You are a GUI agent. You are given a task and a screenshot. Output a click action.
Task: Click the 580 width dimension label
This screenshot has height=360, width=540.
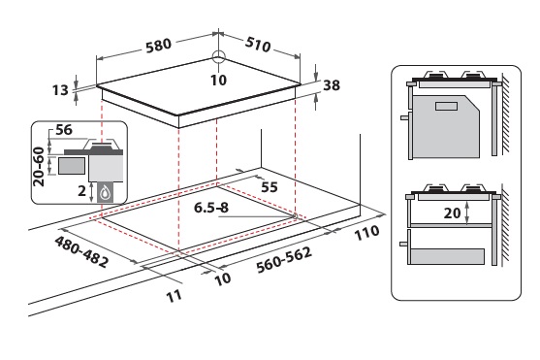click(158, 46)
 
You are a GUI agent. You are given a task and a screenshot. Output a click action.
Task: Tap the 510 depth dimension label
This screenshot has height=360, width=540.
click(258, 44)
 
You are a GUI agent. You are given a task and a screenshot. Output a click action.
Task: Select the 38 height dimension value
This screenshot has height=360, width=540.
click(332, 85)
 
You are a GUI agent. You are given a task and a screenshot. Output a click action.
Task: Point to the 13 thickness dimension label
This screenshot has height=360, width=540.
click(60, 90)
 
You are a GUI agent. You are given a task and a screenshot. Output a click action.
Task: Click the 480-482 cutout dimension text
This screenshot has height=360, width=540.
click(81, 251)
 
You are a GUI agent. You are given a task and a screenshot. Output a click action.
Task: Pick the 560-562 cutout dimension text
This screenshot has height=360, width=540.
click(284, 259)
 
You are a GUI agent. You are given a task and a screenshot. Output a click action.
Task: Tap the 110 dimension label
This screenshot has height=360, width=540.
click(366, 233)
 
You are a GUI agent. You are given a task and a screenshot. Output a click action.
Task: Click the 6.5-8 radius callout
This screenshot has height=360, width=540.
click(211, 208)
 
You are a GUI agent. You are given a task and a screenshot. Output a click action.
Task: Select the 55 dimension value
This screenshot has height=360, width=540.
click(270, 187)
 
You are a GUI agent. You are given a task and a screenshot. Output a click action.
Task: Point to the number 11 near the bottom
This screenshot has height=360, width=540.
click(174, 296)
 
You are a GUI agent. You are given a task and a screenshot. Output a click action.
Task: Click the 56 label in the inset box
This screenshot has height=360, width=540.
click(64, 130)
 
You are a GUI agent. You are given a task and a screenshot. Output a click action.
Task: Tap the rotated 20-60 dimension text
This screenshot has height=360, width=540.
click(39, 167)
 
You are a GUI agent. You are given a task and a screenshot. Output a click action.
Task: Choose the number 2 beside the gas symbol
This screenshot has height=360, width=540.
click(81, 191)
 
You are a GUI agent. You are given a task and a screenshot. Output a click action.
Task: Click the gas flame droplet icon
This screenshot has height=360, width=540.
click(105, 194)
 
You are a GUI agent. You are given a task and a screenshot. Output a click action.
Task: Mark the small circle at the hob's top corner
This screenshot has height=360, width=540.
click(219, 56)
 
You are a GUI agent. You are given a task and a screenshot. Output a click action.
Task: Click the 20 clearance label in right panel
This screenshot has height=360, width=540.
click(452, 213)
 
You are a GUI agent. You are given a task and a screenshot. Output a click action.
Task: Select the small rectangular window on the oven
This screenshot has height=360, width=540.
click(446, 106)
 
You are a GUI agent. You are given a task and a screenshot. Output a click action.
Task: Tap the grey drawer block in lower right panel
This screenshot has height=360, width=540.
click(448, 257)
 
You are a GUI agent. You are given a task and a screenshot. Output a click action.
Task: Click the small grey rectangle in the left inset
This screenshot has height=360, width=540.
click(72, 166)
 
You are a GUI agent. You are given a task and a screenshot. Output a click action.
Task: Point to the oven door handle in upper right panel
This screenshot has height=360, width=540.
click(405, 117)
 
